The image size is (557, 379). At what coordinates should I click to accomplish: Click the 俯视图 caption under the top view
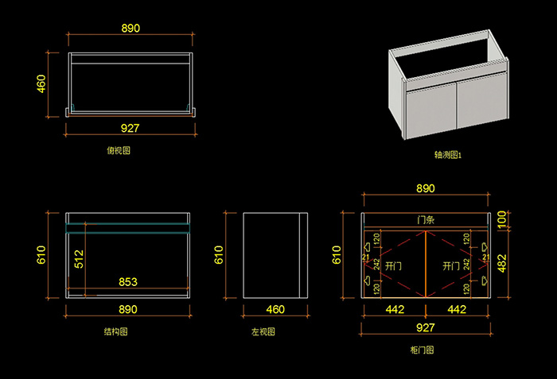tap(119, 149)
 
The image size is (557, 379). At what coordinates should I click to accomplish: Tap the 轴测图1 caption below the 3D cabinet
tap(448, 156)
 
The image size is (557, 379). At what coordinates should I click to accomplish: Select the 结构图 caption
tap(115, 331)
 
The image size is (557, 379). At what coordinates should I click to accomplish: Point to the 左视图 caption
tap(263, 331)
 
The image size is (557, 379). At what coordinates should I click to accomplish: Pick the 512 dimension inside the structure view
tap(78, 259)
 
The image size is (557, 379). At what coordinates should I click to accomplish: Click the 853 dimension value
tap(128, 280)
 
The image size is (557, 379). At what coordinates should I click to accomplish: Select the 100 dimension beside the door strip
tap(502, 219)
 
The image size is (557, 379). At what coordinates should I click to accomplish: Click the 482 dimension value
tap(502, 263)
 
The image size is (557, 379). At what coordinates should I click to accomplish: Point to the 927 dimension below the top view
tap(130, 128)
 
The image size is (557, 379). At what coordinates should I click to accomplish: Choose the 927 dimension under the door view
tap(426, 327)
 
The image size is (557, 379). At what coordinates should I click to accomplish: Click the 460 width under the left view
tap(275, 309)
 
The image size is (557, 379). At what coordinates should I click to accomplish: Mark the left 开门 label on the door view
tap(393, 265)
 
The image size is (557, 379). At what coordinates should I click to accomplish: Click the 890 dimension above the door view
tap(426, 188)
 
